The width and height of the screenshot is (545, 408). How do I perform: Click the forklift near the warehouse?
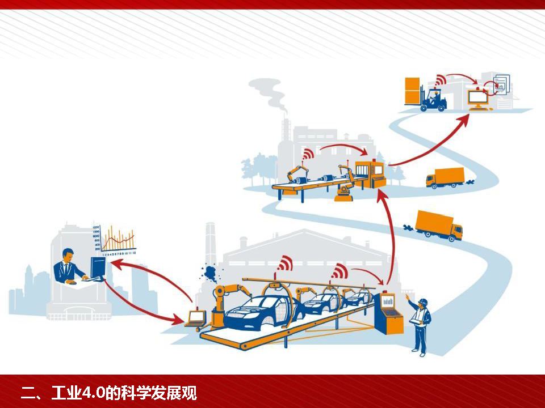[x=433, y=100]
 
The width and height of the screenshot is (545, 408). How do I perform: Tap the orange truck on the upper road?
[x=446, y=177]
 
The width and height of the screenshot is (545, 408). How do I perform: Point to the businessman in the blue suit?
[x=69, y=267]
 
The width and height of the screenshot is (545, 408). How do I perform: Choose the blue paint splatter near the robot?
[x=211, y=274]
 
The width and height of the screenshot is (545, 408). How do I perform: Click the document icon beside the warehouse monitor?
[x=502, y=85]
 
